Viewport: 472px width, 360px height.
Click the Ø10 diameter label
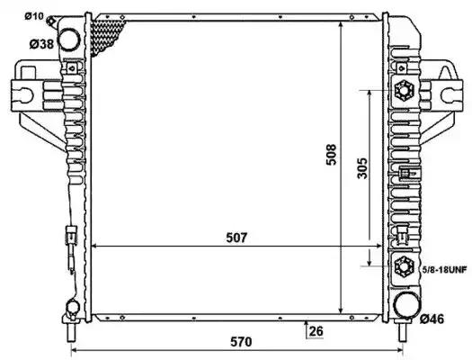click(34, 16)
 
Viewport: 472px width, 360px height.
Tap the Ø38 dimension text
click(41, 44)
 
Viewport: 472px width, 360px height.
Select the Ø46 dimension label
click(432, 319)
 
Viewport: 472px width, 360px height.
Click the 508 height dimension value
click(331, 155)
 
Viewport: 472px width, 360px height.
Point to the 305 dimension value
click(362, 168)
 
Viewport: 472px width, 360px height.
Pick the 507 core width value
click(236, 238)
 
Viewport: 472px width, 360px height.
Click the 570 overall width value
click(241, 342)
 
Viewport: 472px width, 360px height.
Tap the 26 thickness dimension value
click(316, 331)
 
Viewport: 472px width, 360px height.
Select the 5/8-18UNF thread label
click(444, 269)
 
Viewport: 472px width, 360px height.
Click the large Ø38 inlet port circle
click(69, 40)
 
